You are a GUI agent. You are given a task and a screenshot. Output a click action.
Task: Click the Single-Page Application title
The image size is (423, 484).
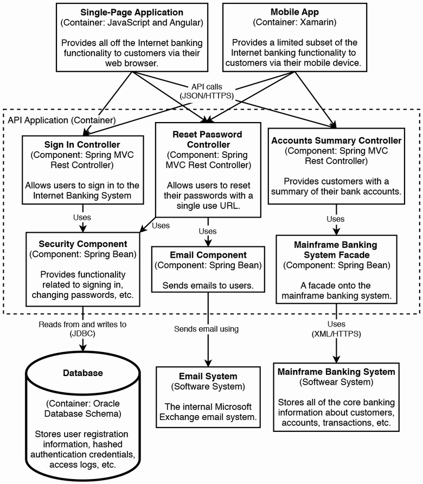132,12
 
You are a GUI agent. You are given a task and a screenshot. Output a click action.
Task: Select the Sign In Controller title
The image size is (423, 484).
83,145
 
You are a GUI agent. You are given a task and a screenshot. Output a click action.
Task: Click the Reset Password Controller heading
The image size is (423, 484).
207,139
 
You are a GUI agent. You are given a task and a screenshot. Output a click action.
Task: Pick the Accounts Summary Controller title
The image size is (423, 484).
336,141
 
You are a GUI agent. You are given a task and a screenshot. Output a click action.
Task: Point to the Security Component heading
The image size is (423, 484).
83,244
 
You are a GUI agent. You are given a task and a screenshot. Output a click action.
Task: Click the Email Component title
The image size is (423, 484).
208,255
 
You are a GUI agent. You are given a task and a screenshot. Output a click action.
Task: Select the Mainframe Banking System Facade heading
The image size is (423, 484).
336,249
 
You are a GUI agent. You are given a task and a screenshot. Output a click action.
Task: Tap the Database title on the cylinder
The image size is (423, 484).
82,373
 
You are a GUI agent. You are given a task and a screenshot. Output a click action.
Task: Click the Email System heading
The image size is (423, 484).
208,376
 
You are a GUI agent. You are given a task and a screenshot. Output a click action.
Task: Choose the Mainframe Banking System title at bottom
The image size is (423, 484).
336,372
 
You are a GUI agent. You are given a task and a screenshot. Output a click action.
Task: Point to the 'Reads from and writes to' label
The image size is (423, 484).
82,324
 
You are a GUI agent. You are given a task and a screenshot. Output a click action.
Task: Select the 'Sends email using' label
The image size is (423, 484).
206,329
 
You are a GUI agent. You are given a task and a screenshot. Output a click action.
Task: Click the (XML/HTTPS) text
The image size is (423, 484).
336,334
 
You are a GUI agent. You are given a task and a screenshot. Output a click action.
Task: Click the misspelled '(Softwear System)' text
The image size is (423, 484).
336,383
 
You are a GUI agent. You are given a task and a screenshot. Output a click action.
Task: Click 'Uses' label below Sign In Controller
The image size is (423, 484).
82,218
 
